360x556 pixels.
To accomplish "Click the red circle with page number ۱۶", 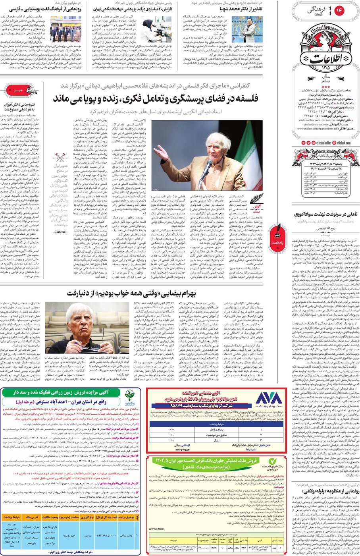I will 340,11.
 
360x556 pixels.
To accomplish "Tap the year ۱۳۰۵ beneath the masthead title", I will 325,68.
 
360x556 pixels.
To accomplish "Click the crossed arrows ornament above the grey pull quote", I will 60,157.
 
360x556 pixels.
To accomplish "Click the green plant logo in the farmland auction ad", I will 129,396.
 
